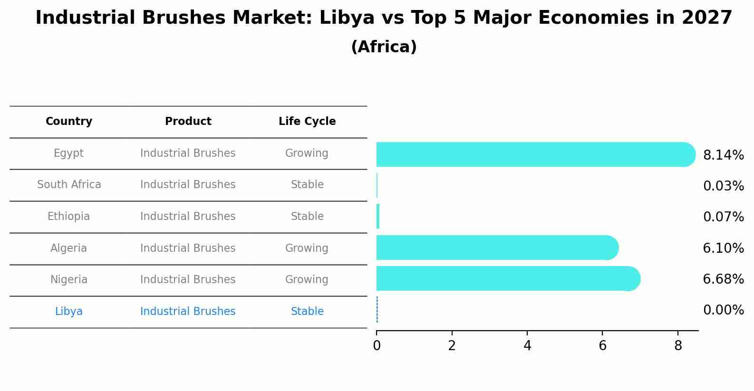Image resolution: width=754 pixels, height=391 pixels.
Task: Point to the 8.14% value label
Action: pyautogui.click(x=723, y=155)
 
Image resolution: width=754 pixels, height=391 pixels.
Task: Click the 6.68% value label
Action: pyautogui.click(x=723, y=279)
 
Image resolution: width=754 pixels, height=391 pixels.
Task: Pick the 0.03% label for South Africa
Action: pyautogui.click(x=723, y=186)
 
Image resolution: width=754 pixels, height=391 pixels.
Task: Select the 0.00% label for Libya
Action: pyautogui.click(x=723, y=311)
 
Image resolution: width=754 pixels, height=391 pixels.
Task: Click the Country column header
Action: pyautogui.click(x=69, y=122)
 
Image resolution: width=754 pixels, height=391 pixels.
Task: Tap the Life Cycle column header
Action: pyautogui.click(x=307, y=122)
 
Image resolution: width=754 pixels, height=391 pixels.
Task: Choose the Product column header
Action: pyautogui.click(x=188, y=122)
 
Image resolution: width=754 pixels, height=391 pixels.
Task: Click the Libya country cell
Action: pyautogui.click(x=69, y=312)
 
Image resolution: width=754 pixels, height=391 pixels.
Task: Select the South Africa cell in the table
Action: pyautogui.click(x=69, y=185)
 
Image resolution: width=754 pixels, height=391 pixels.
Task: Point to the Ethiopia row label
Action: pyautogui.click(x=69, y=217)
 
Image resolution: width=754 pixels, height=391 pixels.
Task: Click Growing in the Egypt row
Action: pyautogui.click(x=307, y=153)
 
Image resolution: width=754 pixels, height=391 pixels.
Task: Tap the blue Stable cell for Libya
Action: pyautogui.click(x=307, y=312)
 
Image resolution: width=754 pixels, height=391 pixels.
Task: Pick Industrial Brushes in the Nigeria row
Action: pyautogui.click(x=188, y=280)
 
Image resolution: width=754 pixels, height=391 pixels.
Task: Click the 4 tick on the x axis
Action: pyautogui.click(x=527, y=346)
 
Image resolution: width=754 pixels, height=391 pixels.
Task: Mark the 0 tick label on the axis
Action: pyautogui.click(x=377, y=346)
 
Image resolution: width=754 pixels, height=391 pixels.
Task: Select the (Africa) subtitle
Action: pyautogui.click(x=384, y=47)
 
